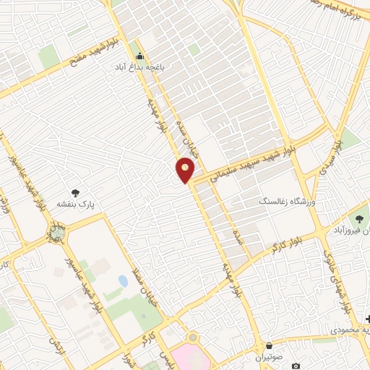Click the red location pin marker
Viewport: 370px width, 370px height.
click(x=186, y=169)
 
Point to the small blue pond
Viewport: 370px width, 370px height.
click(x=122, y=281)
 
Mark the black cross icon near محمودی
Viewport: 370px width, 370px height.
click(x=368, y=319)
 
